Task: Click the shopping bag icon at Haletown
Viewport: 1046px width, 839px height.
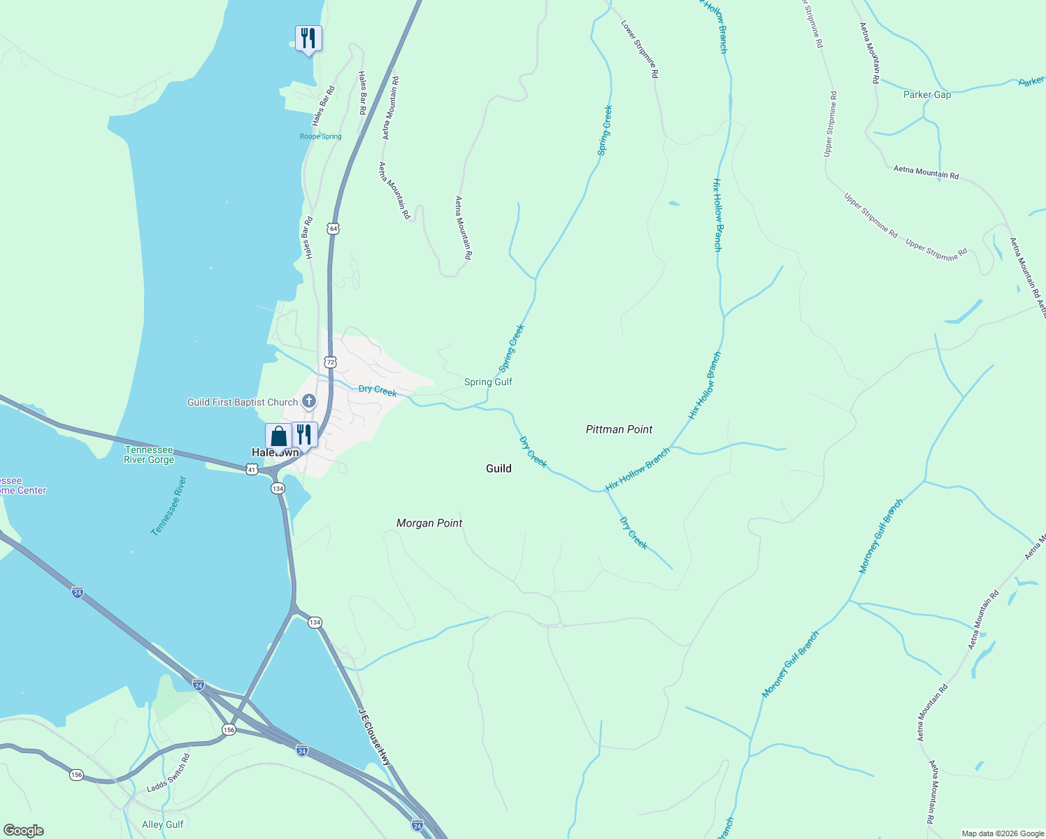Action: click(278, 436)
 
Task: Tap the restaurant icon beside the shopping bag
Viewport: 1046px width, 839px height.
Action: click(304, 434)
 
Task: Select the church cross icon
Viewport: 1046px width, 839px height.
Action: click(309, 401)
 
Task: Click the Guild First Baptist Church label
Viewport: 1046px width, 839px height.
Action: click(243, 402)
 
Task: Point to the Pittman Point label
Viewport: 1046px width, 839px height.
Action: click(619, 429)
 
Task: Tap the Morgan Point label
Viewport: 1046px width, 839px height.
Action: click(429, 523)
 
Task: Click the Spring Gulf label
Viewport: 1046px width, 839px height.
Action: click(488, 382)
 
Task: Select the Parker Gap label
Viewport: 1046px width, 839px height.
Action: click(926, 94)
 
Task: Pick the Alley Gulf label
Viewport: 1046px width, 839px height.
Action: click(162, 824)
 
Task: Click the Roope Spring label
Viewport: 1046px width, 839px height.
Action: click(320, 136)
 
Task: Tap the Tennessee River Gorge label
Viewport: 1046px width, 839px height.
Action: click(149, 454)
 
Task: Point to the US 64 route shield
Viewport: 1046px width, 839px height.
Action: click(333, 229)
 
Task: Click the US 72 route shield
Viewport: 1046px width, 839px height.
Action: click(330, 361)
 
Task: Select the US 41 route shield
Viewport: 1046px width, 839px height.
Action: click(252, 470)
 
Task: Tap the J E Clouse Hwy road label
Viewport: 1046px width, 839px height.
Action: click(375, 738)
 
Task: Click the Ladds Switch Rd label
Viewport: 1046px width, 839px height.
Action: click(168, 773)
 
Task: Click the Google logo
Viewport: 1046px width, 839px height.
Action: click(24, 831)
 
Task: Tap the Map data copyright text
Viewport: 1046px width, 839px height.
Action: click(1002, 833)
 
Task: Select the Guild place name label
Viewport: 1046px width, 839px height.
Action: click(499, 468)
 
